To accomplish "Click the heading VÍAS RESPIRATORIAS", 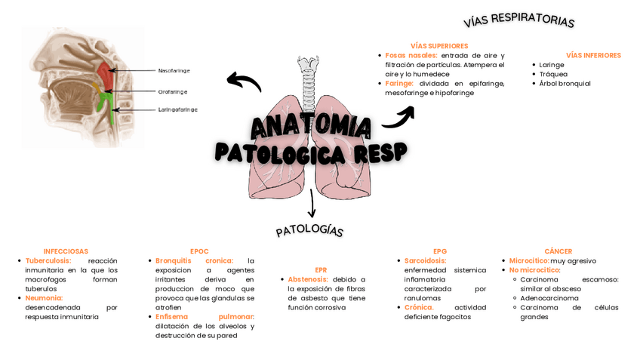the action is click(518, 20).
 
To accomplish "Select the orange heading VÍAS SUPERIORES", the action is click(439, 46).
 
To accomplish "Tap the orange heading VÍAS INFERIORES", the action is click(593, 55).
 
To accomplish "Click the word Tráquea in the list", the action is click(552, 74).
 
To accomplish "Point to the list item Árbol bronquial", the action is click(565, 84).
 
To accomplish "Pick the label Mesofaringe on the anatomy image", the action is click(174, 70).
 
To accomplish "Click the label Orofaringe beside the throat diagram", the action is click(173, 91).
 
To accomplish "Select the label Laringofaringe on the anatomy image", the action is click(177, 109).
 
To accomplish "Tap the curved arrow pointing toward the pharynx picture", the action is click(243, 81).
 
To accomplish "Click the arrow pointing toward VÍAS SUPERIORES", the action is click(399, 117).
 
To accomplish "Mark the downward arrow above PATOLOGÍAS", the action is click(312, 205).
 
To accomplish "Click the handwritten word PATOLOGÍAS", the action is click(309, 230).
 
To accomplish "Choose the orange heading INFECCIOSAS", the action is click(66, 251).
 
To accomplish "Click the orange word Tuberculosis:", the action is click(48, 260).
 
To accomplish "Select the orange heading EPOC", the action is click(199, 251).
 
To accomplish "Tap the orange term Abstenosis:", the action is click(308, 279).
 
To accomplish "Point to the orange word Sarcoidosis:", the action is click(425, 260).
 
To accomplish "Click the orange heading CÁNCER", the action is click(558, 251).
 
